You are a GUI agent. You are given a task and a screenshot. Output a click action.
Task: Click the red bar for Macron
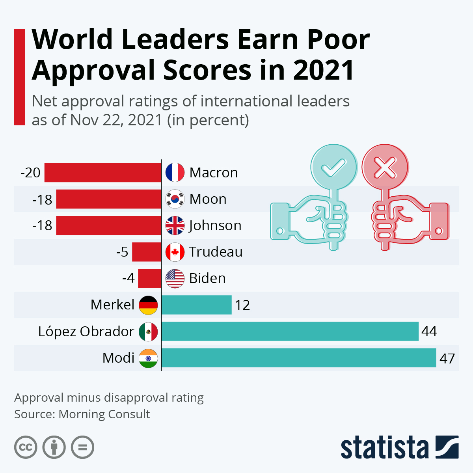[102, 173]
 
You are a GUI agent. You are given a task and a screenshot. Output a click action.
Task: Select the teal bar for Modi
[299, 358]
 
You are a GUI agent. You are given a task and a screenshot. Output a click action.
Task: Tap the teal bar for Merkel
[196, 305]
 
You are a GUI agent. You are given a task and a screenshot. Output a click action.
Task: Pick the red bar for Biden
[149, 278]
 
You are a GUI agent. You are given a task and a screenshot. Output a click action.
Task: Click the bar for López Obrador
[290, 331]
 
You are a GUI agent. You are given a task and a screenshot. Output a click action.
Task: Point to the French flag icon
[175, 173]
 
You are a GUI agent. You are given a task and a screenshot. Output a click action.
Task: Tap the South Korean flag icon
[175, 199]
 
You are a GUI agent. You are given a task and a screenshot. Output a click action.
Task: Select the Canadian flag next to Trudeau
[175, 252]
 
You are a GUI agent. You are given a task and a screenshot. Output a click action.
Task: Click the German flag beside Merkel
[148, 305]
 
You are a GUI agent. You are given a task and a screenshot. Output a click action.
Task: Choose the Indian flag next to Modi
[148, 358]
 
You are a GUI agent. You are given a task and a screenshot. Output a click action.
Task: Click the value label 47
[447, 359]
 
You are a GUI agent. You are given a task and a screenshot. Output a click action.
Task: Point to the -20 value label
[31, 173]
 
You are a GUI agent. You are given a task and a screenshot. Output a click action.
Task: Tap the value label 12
[242, 305]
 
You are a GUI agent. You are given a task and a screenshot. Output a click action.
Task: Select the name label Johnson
[215, 225]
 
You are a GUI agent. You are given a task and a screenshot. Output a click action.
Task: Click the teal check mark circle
[333, 167]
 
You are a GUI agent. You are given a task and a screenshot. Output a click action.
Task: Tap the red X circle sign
[385, 167]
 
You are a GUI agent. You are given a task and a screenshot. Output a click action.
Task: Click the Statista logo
[399, 447]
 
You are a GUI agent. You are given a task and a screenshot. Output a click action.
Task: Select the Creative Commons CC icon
[26, 447]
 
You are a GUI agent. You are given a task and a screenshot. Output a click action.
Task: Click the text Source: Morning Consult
[82, 414]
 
